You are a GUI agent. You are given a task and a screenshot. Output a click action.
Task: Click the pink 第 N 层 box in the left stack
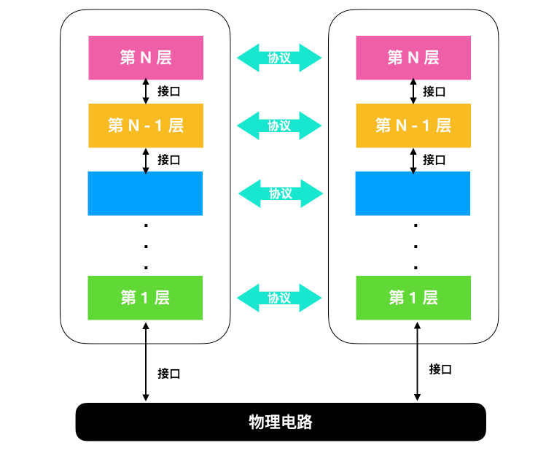[146, 58]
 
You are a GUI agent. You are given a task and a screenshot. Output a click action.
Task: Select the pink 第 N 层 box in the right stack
[413, 58]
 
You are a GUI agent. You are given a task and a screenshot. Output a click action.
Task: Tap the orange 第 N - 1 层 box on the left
[146, 126]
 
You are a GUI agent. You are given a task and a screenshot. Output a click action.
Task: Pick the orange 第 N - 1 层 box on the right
[413, 126]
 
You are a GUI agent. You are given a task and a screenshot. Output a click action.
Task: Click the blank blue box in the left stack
[146, 193]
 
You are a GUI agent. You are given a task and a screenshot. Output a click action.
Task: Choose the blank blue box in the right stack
[413, 193]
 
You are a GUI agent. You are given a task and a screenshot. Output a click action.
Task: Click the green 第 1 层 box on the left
[146, 298]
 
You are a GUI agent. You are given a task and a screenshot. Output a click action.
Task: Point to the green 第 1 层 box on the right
[413, 298]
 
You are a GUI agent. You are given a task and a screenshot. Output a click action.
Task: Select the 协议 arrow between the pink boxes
[279, 58]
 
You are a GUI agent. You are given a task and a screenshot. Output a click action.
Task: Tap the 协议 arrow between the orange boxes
[279, 126]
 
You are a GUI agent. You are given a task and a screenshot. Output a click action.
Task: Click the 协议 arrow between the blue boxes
[281, 193]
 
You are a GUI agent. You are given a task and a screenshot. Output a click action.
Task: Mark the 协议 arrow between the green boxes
[279, 298]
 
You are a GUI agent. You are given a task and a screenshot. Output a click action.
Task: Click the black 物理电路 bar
[281, 422]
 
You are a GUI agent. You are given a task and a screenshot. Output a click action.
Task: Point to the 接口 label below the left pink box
[169, 91]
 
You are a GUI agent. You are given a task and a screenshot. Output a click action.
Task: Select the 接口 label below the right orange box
[434, 159]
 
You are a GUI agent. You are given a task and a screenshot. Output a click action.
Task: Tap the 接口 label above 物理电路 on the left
[169, 374]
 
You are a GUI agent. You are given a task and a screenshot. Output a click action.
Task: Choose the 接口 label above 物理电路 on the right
[440, 369]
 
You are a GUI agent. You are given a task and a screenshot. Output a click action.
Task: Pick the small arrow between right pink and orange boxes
[413, 91]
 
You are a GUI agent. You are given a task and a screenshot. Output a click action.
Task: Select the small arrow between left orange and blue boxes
[146, 160]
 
